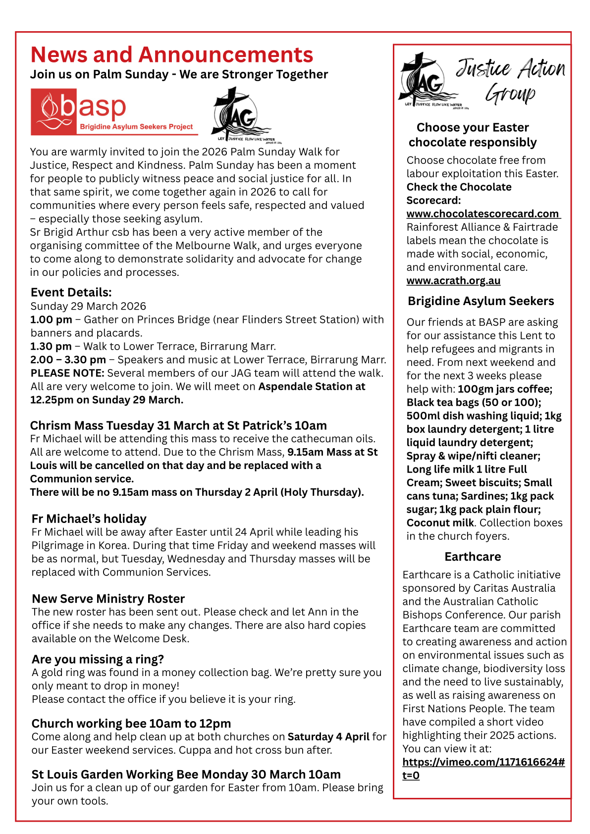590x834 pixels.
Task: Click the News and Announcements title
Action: [171, 54]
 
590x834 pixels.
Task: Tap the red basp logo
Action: [114, 112]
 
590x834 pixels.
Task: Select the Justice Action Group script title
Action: [510, 80]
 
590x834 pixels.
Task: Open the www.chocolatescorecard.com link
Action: [483, 214]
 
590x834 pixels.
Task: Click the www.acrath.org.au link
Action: [453, 281]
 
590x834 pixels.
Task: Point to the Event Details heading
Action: [71, 292]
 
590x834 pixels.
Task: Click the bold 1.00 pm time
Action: [51, 320]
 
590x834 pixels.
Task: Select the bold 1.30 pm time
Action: [51, 346]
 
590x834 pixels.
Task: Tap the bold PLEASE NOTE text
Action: [67, 373]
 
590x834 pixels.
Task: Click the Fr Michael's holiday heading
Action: [89, 519]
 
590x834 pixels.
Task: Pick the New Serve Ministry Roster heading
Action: [108, 599]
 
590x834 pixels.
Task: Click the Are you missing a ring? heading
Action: [98, 659]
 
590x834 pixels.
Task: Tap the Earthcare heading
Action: [473, 557]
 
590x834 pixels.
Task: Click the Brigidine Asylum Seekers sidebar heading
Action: [481, 301]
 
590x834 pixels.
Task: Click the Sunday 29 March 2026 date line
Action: [88, 306]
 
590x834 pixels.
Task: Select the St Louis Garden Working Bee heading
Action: [186, 774]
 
